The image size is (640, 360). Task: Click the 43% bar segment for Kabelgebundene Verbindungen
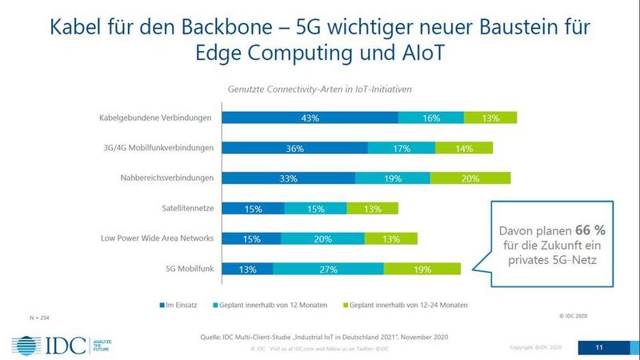point(310,118)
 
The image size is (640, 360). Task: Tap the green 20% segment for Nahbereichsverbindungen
point(470,178)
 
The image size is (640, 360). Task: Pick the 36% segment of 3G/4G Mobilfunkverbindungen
point(294,148)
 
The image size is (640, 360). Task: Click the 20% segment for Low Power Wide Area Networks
point(322,239)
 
